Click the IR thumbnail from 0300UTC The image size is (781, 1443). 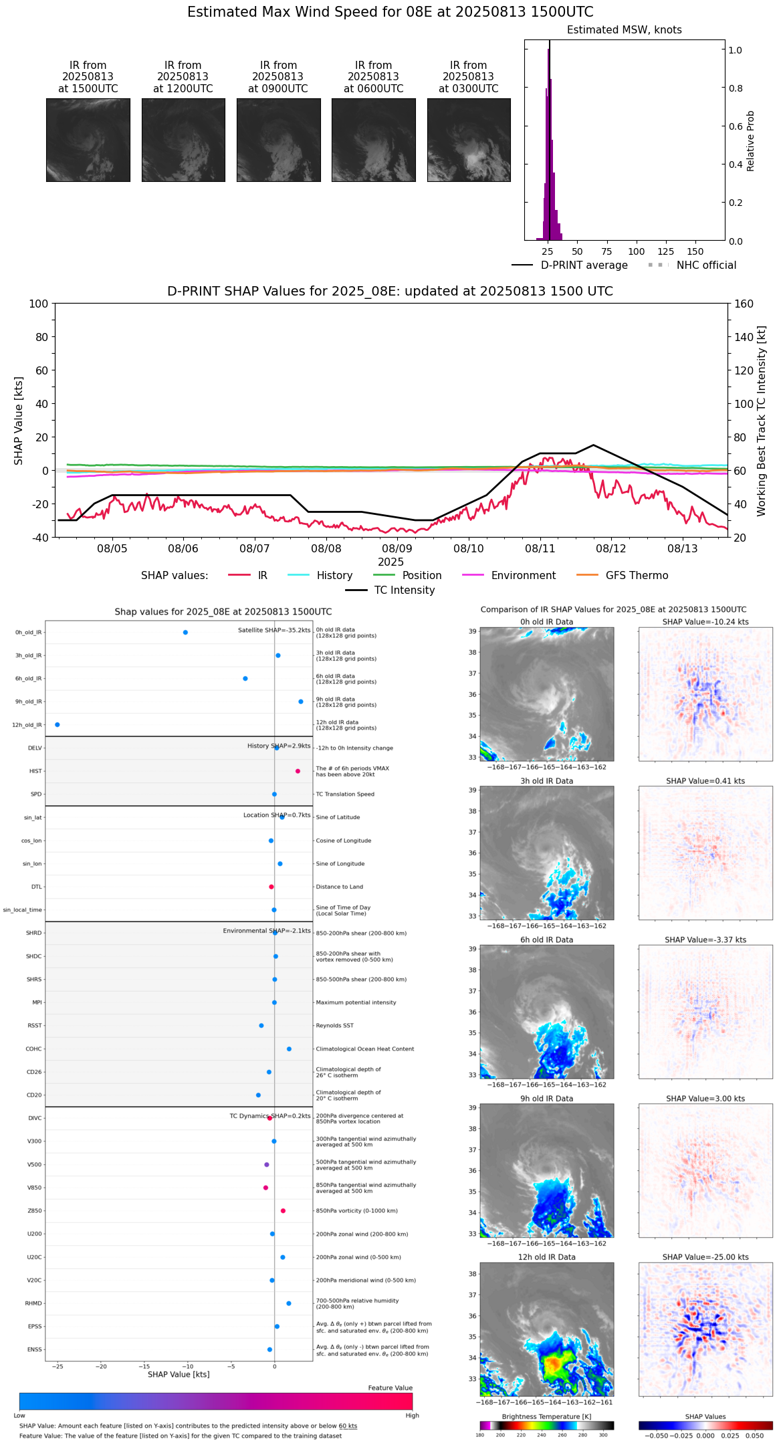(469, 140)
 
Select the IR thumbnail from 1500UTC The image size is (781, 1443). (88, 140)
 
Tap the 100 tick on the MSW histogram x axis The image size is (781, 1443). (636, 251)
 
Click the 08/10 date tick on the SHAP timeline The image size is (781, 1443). (468, 548)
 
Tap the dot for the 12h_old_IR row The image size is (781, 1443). (58, 724)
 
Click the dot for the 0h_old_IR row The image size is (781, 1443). (185, 632)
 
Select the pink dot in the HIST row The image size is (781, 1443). (298, 771)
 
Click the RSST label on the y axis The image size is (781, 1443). (35, 1025)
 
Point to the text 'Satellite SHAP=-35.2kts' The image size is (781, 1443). (274, 630)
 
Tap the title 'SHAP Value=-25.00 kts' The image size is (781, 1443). (705, 1257)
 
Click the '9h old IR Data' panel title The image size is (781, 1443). (546, 1099)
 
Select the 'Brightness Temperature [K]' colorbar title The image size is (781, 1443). (546, 1416)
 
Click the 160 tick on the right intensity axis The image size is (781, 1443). (744, 304)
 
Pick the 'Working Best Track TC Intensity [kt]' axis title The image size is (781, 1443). (762, 421)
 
